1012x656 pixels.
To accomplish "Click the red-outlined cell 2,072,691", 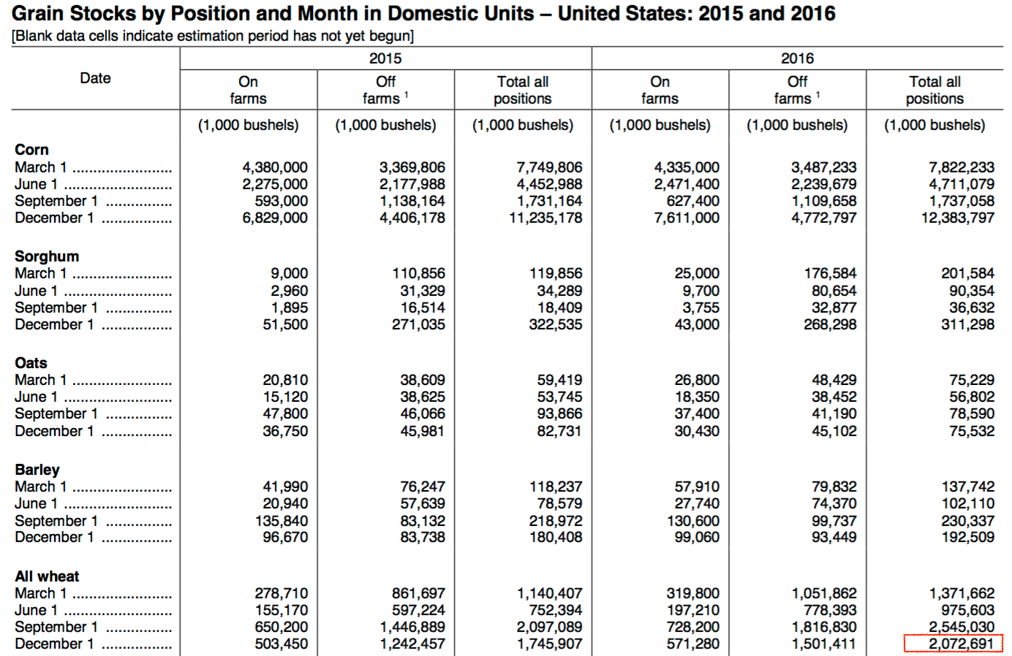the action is point(954,644).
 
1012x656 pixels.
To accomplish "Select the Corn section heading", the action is point(31,150).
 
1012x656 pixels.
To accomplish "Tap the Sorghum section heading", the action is point(47,256).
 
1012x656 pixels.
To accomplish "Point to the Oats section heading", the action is point(31,363).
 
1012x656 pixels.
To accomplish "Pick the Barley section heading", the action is point(37,470).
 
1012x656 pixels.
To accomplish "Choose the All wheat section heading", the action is point(47,576).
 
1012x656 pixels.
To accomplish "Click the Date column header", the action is point(95,78).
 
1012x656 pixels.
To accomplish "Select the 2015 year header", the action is point(385,58).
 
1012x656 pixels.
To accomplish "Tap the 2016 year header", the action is point(798,58).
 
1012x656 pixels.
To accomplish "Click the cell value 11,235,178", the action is point(545,218).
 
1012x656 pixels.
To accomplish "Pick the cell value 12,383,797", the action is point(958,218).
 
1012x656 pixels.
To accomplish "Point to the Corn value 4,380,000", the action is point(275,167).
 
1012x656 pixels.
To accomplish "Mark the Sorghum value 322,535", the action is point(556,324).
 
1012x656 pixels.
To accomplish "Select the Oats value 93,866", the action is point(560,413).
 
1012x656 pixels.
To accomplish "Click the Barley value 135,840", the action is point(282,521).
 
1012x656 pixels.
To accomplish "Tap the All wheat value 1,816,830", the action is point(824,627).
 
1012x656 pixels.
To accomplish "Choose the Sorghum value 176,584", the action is point(831,274).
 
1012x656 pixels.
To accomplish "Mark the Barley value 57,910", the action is point(697,487).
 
